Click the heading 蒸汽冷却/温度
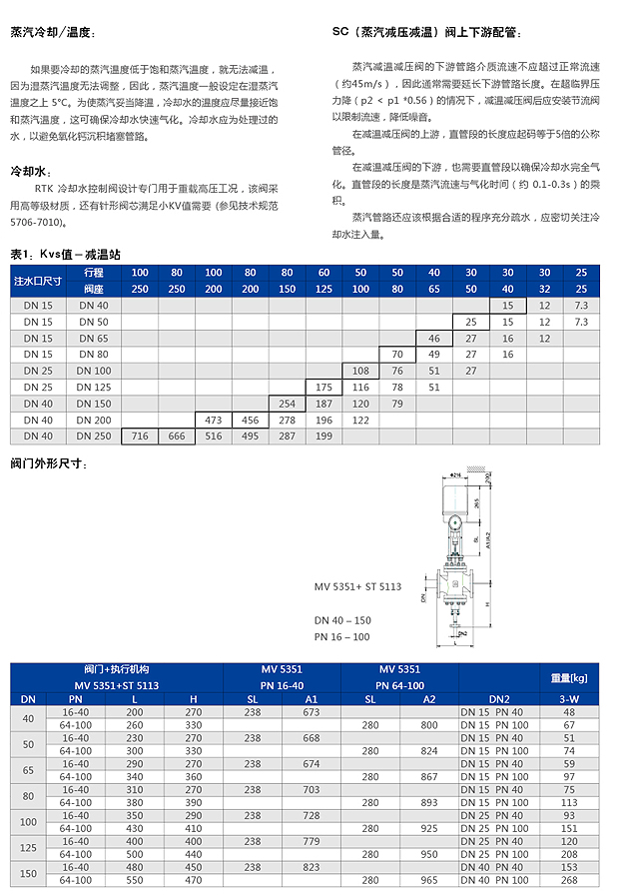(x=52, y=32)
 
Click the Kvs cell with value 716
(x=140, y=436)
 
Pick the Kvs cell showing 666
(x=177, y=436)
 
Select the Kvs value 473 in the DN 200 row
(x=213, y=420)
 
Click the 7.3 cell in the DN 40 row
(x=582, y=305)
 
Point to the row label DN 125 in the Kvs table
(x=95, y=387)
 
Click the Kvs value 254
(x=287, y=404)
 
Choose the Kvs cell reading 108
(x=360, y=371)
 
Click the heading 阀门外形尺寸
(x=50, y=463)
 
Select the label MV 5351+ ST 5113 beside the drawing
(x=357, y=586)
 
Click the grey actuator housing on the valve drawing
(x=458, y=503)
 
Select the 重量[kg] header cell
(x=569, y=677)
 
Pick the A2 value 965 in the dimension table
(x=429, y=880)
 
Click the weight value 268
(x=569, y=880)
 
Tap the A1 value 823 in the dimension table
(x=312, y=867)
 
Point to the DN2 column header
(x=499, y=698)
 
